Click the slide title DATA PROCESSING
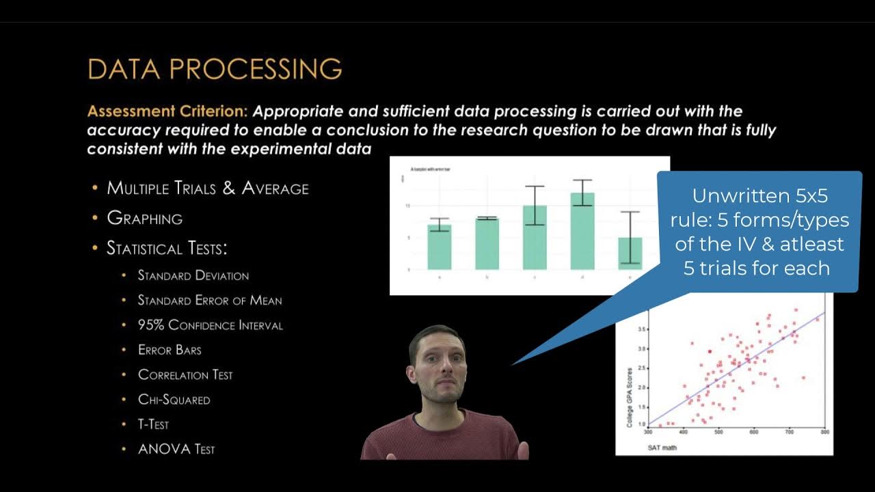215,70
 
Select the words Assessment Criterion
167,111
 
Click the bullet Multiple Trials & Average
208,189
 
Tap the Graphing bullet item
145,219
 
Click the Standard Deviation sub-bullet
193,275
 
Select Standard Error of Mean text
210,301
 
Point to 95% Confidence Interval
210,325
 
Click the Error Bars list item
170,350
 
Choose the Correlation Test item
185,375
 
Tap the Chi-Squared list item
174,400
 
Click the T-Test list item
153,424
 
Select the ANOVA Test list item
176,450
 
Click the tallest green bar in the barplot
582,232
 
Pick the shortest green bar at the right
630,254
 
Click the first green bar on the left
439,247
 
